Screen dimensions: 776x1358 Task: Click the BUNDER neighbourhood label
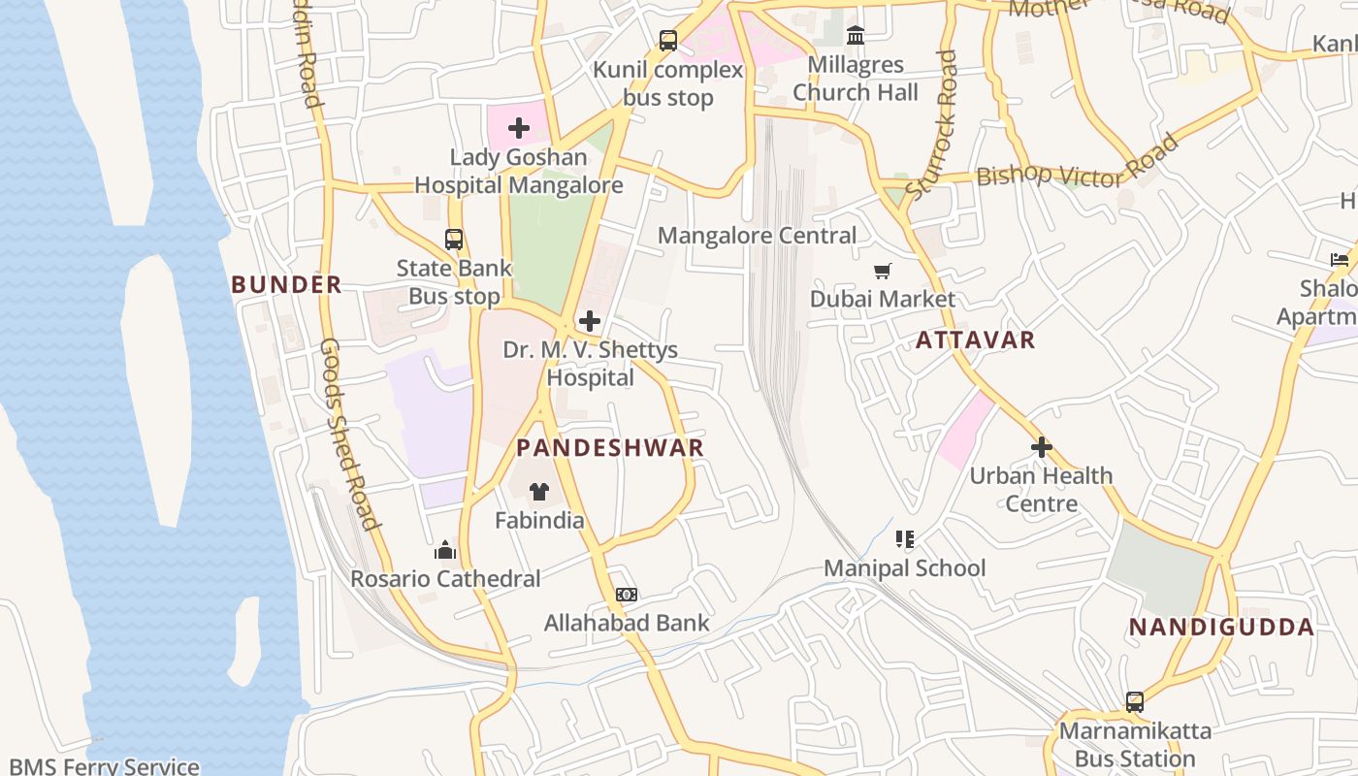tap(286, 284)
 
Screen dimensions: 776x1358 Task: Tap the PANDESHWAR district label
tap(609, 447)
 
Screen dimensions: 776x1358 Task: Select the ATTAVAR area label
tap(975, 339)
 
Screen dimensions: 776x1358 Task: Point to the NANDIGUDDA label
tap(1221, 627)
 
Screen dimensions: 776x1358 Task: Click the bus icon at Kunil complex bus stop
tap(668, 41)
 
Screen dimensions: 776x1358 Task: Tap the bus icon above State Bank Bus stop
tap(453, 239)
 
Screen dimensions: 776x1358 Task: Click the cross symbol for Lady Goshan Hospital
tap(518, 127)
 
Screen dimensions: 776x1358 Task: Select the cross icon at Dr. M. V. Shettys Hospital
tap(589, 320)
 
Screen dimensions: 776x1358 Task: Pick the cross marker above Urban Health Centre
tap(1041, 447)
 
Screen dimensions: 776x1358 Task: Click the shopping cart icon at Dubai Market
tap(882, 271)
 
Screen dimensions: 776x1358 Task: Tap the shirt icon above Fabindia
tap(539, 492)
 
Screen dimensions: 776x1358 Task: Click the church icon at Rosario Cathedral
tap(445, 550)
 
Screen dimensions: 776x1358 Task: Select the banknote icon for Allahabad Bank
tap(627, 594)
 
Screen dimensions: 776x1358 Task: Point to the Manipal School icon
tap(904, 538)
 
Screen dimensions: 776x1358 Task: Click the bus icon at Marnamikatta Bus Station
tap(1134, 701)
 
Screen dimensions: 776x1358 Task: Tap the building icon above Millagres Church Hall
tap(856, 36)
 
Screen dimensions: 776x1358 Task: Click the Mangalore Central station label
tap(757, 236)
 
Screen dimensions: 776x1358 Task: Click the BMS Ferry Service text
tap(104, 766)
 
